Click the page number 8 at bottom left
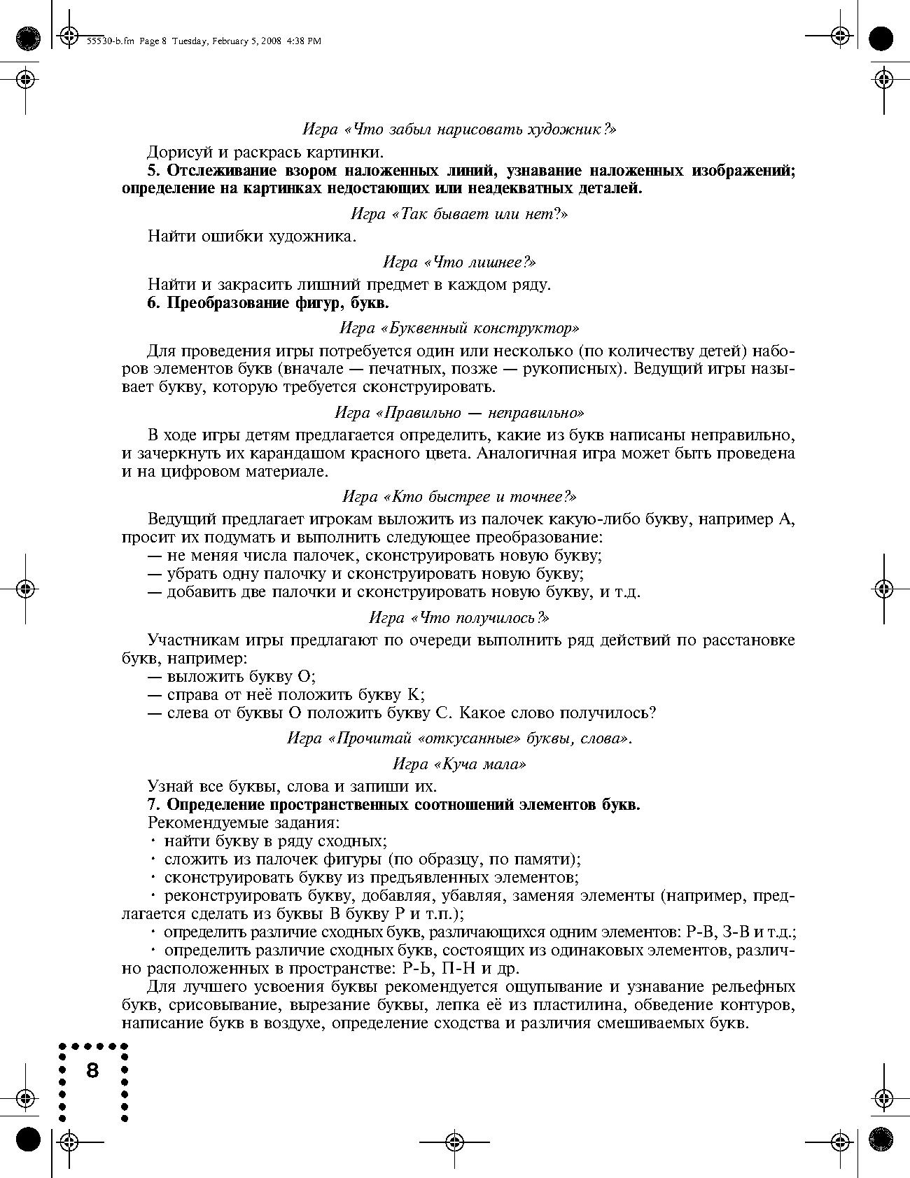92,1070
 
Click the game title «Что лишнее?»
459,262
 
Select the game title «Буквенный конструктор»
459,328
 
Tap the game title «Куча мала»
459,764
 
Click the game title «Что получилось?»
459,617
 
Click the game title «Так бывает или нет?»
459,214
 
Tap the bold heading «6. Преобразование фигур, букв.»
268,303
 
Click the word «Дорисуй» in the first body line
178,152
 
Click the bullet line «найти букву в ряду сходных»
276,841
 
